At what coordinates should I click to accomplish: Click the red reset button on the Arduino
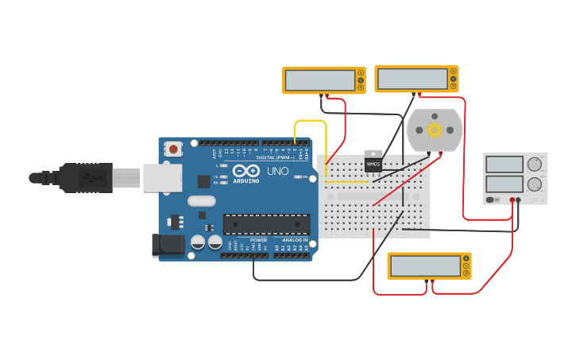pyautogui.click(x=173, y=149)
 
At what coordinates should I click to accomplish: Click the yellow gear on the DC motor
pyautogui.click(x=434, y=130)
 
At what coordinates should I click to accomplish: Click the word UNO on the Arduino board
pyautogui.click(x=277, y=171)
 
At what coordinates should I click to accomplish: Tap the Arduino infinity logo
pyautogui.click(x=246, y=171)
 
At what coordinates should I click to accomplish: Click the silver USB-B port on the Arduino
pyautogui.click(x=162, y=178)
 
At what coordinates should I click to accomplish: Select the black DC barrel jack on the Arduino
pyautogui.click(x=168, y=244)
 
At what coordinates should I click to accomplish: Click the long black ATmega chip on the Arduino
pyautogui.click(x=266, y=224)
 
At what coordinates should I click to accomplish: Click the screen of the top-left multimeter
pyautogui.click(x=319, y=80)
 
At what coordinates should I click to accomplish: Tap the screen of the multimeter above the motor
pyautogui.click(x=412, y=79)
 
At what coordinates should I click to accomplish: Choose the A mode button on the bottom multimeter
pyautogui.click(x=466, y=258)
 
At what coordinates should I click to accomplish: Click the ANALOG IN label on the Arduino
pyautogui.click(x=294, y=239)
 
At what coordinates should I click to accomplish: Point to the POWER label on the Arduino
pyautogui.click(x=258, y=239)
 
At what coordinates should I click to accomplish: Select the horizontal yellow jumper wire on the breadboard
pyautogui.click(x=347, y=181)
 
